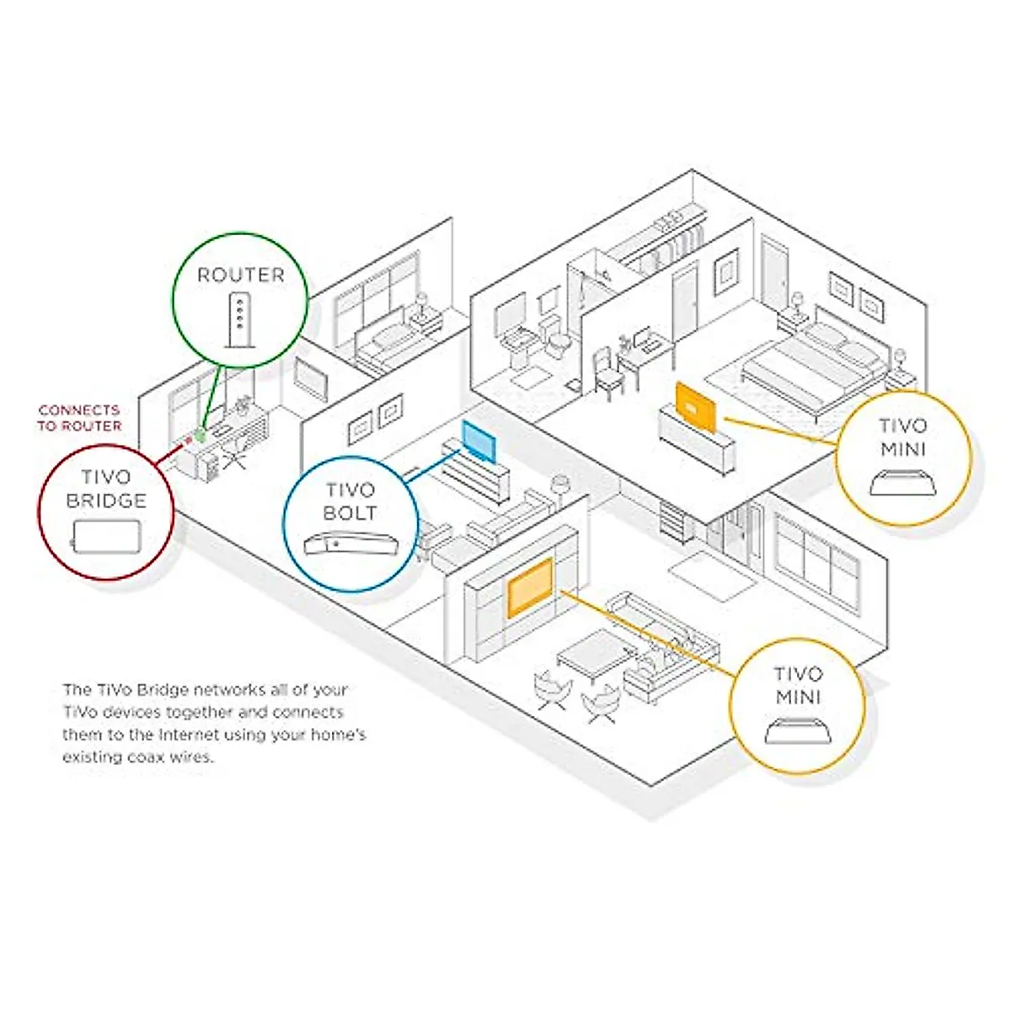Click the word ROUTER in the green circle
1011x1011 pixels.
pyautogui.click(x=241, y=275)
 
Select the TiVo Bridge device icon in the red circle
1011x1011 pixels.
pyautogui.click(x=106, y=535)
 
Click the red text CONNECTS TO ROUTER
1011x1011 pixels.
pyautogui.click(x=79, y=418)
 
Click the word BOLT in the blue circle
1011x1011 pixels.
pyautogui.click(x=350, y=512)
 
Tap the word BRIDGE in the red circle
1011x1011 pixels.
pyautogui.click(x=107, y=500)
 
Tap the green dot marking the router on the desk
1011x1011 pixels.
pyautogui.click(x=200, y=435)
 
